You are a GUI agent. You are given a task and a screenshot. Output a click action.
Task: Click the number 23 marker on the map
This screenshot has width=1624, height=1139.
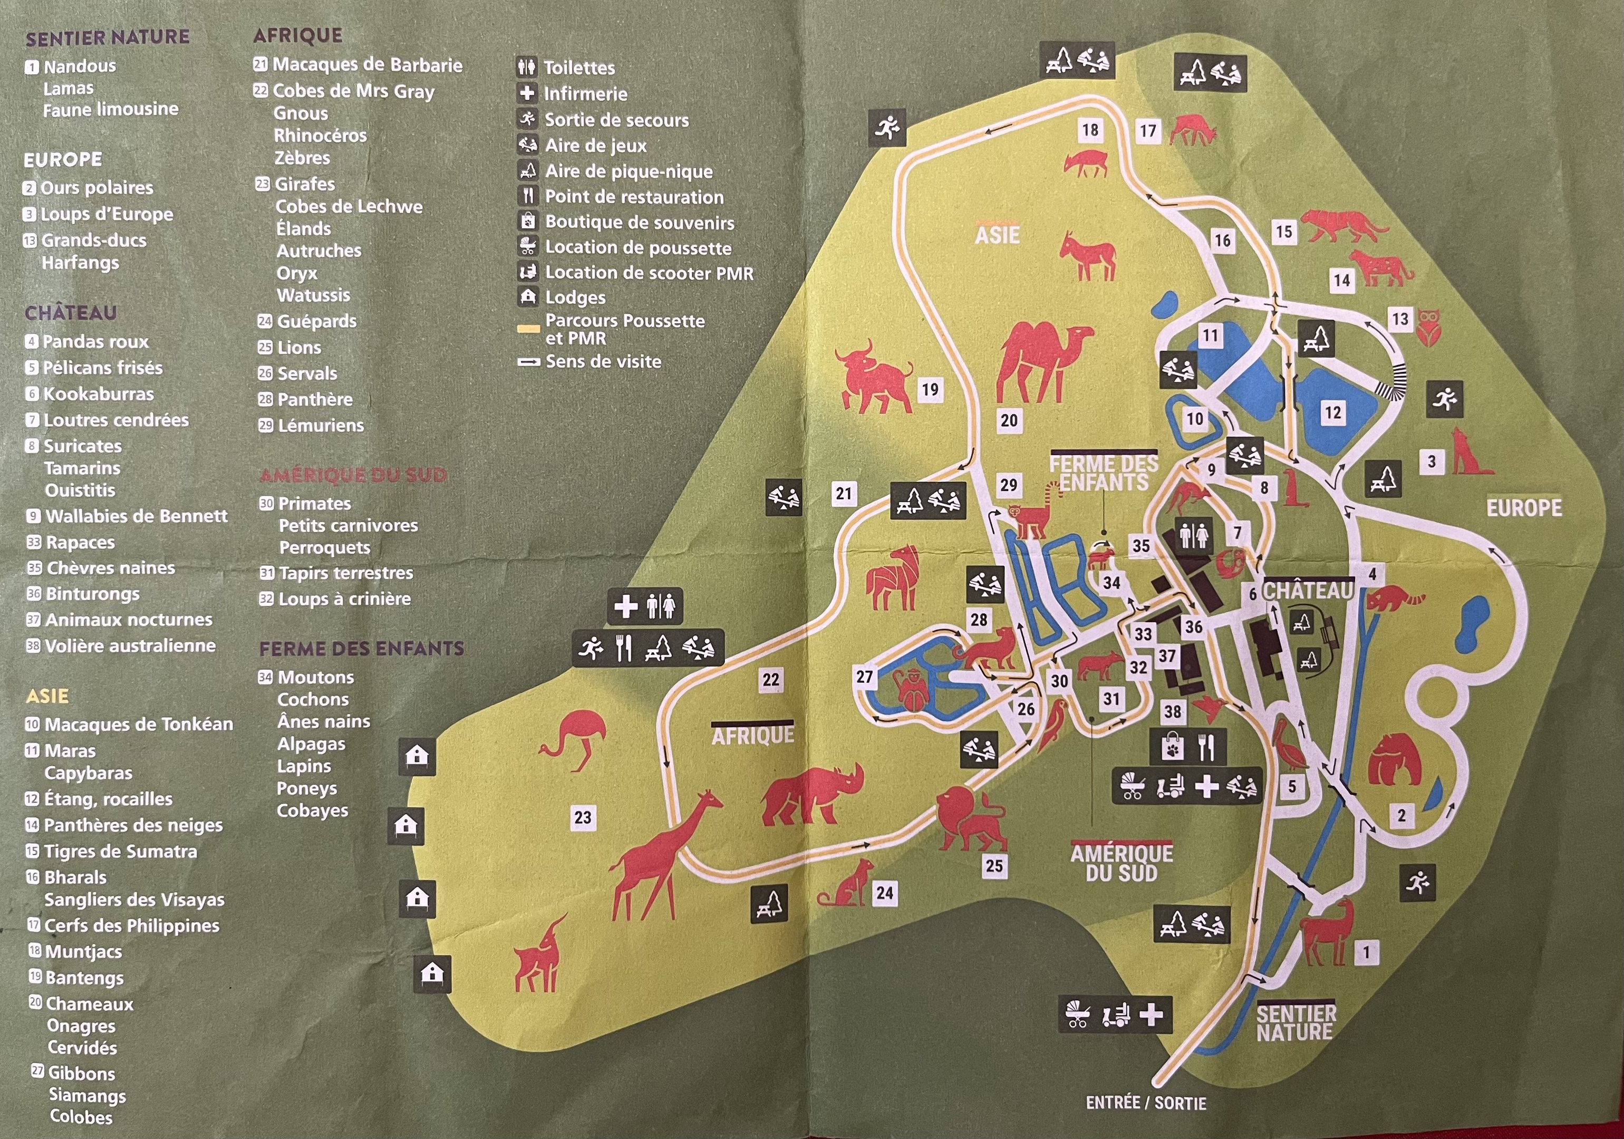582,818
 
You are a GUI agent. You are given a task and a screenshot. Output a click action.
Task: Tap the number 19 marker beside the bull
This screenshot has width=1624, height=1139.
930,389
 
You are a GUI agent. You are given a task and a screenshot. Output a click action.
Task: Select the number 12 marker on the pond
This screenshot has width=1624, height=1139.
1332,412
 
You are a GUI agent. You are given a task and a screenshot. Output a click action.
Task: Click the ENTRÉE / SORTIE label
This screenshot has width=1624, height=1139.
1146,1102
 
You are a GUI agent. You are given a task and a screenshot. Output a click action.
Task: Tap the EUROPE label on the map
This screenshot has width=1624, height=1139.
1524,508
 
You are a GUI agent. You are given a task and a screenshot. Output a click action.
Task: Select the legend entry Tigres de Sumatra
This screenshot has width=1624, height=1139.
120,851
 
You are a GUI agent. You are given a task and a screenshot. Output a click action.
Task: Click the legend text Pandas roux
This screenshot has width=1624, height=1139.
95,342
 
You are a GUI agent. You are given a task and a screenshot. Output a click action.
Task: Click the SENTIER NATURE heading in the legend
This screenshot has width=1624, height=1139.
108,37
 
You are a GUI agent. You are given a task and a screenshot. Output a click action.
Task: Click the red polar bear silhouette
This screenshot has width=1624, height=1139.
1394,760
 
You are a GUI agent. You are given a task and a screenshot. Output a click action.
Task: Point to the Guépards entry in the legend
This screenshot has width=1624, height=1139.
316,321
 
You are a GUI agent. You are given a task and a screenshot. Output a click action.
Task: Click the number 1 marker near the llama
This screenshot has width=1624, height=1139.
1366,952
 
